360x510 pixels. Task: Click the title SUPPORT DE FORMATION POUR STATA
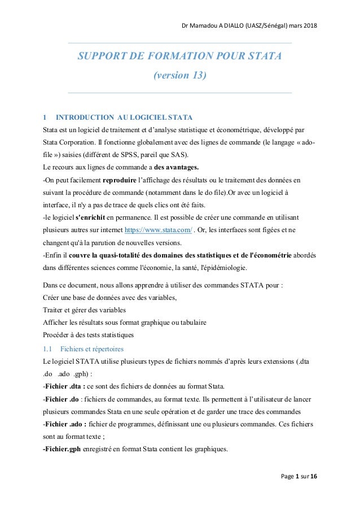pyautogui.click(x=179, y=57)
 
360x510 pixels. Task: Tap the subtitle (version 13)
pyautogui.click(x=179, y=76)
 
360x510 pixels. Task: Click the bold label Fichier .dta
pyautogui.click(x=63, y=386)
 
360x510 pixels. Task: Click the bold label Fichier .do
pyautogui.click(x=62, y=399)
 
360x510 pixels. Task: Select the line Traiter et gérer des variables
pyautogui.click(x=85, y=311)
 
